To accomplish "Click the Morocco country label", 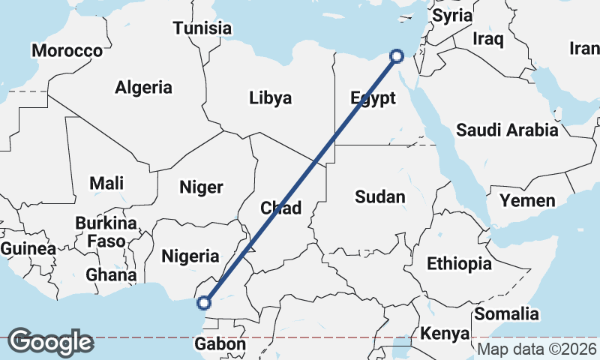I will tap(67, 51).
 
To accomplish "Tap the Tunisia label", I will tap(202, 28).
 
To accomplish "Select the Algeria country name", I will tap(143, 87).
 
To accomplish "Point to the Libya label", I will tap(271, 98).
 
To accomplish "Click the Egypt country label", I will tap(373, 98).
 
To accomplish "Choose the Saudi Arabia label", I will tap(507, 130).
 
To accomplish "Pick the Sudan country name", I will tap(380, 197).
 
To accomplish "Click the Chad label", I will tap(281, 208).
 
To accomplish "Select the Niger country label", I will tap(201, 187).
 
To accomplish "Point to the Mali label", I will tap(106, 183).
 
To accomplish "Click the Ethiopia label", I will tap(459, 263).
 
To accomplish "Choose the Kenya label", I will tap(445, 333).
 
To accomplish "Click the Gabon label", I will tap(220, 344).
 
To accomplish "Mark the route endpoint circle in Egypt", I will tap(397, 55).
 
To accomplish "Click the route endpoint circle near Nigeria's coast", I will tap(202, 303).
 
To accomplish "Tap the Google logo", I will tap(50, 342).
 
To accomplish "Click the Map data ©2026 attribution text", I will tap(537, 349).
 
